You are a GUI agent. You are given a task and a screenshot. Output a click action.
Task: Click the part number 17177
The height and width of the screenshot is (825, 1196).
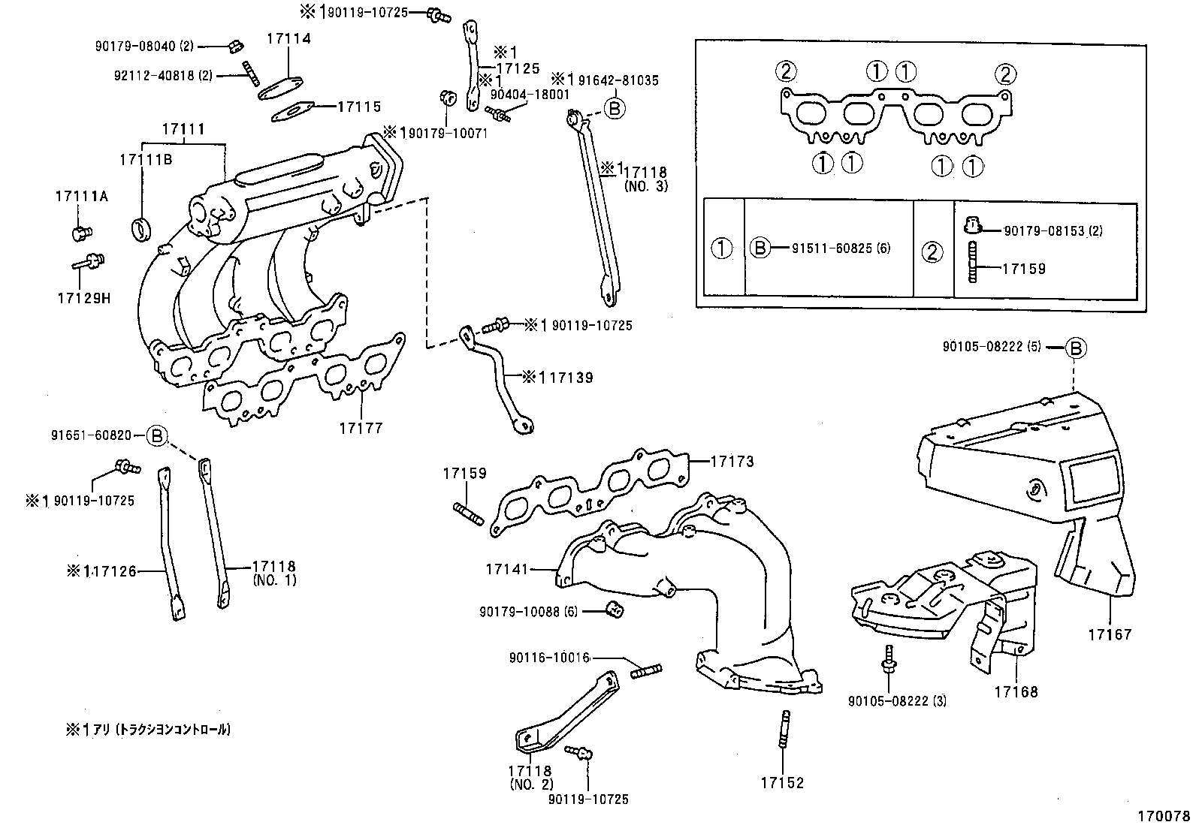pos(360,428)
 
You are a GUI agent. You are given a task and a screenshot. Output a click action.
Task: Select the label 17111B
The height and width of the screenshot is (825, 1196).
pos(145,160)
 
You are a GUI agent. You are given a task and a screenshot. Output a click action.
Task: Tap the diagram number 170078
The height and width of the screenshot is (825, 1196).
pos(1162,815)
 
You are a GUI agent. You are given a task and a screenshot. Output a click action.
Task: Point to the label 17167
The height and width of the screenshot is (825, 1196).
pos(1109,634)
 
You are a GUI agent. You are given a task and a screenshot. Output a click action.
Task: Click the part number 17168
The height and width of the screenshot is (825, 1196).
pos(1016,691)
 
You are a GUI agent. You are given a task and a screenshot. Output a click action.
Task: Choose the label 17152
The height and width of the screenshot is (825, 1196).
pos(781,783)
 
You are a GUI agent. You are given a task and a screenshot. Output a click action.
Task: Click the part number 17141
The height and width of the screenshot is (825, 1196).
pos(507,570)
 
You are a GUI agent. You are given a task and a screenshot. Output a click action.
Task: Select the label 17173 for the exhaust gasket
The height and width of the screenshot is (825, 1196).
pos(732,461)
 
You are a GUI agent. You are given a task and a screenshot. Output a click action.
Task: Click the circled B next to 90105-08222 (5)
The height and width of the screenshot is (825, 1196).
pos(1077,348)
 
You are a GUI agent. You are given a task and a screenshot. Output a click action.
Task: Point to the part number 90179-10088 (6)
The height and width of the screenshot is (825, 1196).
pos(529,612)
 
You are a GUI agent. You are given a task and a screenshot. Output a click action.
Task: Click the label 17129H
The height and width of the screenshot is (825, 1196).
pos(83,297)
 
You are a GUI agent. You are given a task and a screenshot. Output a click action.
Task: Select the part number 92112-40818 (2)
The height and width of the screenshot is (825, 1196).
pos(153,75)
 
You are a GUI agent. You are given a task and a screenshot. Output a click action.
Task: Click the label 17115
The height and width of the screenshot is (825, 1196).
pos(358,107)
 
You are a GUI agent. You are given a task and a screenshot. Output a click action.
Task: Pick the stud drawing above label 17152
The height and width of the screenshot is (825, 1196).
pos(784,729)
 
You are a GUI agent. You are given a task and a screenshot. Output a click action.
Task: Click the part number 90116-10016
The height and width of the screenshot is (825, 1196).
pos(548,658)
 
